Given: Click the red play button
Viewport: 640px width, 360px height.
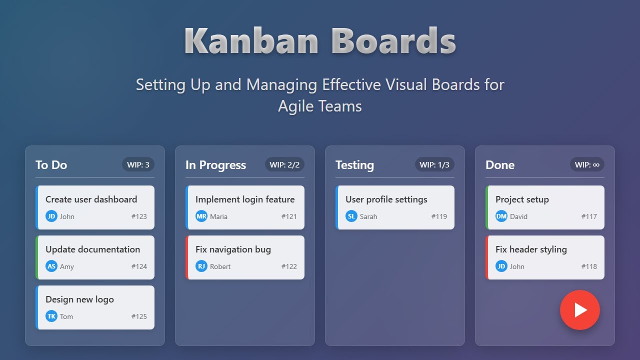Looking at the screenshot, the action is (579, 310).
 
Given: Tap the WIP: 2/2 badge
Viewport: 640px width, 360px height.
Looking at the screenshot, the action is (284, 164).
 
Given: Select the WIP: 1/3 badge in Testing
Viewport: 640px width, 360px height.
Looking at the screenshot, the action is (434, 164).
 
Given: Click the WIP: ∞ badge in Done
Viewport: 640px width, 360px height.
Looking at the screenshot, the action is (587, 164).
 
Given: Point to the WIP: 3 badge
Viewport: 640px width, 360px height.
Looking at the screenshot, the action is (138, 164).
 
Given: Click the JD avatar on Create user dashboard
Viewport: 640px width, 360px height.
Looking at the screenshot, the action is (51, 216).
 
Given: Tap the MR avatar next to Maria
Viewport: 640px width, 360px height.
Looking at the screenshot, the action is (201, 216).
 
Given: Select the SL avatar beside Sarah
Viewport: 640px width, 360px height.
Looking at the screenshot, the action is (351, 216).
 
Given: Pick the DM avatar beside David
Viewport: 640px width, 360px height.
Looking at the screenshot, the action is (501, 216).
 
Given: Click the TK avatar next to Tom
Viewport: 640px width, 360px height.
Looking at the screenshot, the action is (51, 316).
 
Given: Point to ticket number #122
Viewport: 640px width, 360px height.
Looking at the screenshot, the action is (289, 266).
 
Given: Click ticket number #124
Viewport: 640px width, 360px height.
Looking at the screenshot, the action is (139, 266).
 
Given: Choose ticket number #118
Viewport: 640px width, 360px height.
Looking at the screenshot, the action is (589, 266).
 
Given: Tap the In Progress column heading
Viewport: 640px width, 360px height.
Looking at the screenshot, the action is (215, 165).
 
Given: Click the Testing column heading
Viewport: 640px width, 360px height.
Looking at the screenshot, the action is (354, 165).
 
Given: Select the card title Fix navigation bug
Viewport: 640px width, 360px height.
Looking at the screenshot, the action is (233, 249).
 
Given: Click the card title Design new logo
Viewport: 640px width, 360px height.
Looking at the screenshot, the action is (79, 299).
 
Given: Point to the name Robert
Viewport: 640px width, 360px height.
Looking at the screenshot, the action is (220, 266).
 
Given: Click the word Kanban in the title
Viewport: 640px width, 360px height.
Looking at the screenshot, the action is (251, 40).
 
